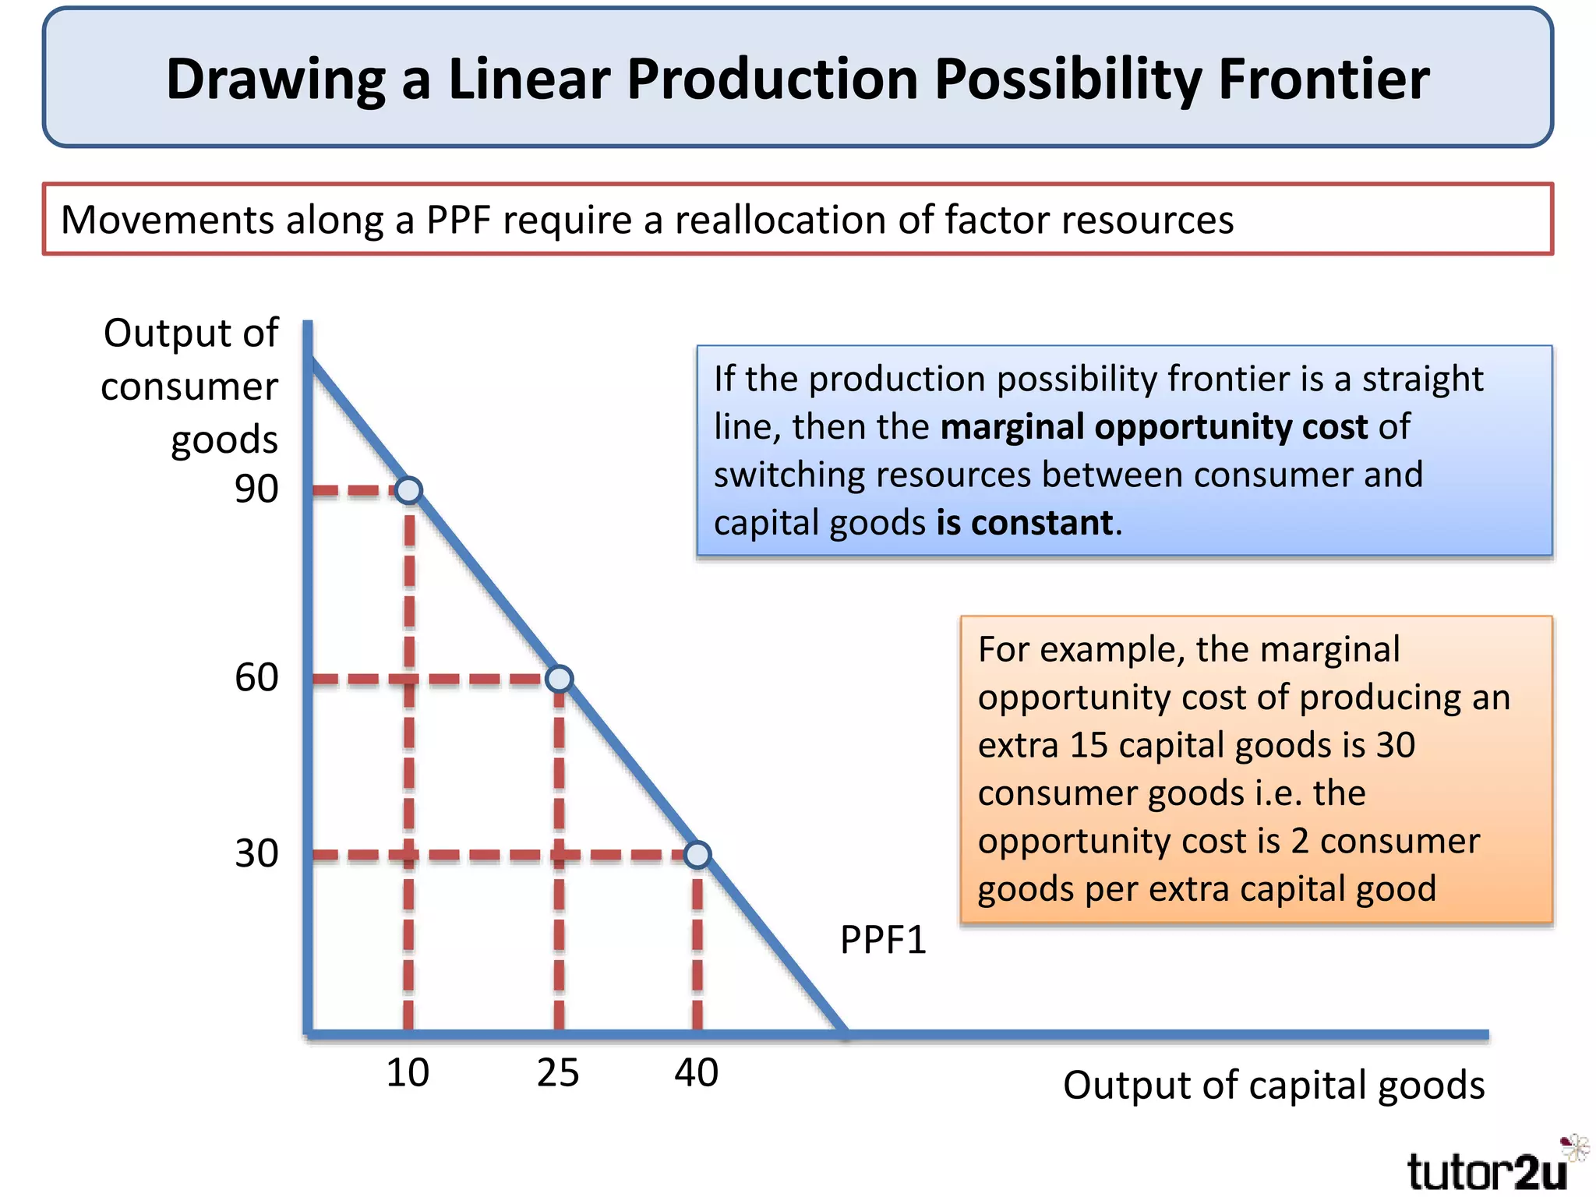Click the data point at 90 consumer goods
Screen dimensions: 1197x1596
pyautogui.click(x=408, y=490)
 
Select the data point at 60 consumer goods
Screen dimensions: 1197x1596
pyautogui.click(x=559, y=679)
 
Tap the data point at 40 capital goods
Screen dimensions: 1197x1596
pyautogui.click(x=697, y=855)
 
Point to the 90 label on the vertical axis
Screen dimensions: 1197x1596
pyautogui.click(x=256, y=489)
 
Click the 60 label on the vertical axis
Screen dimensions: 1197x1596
pyautogui.click(x=256, y=677)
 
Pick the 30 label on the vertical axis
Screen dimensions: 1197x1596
pyautogui.click(x=256, y=853)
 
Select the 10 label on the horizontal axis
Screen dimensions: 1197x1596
pyautogui.click(x=408, y=1072)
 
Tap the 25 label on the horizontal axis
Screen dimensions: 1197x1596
pyautogui.click(x=558, y=1072)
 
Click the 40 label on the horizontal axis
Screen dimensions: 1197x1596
pyautogui.click(x=697, y=1072)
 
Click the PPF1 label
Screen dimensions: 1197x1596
pyautogui.click(x=883, y=940)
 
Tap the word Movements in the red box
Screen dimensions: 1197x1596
pyautogui.click(x=167, y=220)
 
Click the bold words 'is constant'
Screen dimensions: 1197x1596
pyautogui.click(x=1024, y=522)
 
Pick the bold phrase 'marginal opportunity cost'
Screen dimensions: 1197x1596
pyautogui.click(x=1153, y=427)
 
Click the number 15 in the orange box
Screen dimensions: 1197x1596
pyautogui.click(x=1089, y=745)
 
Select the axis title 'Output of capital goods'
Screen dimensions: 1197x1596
pyautogui.click(x=1273, y=1086)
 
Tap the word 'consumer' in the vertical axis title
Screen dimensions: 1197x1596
pyautogui.click(x=189, y=387)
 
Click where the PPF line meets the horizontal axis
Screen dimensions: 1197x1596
pyautogui.click(x=845, y=1033)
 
